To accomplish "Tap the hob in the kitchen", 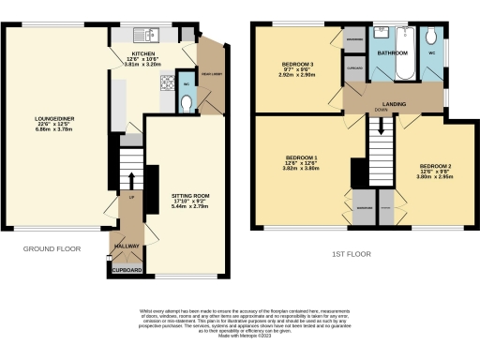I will click(x=169, y=82).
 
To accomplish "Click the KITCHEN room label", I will click(x=143, y=53).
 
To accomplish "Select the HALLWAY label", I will click(x=126, y=246).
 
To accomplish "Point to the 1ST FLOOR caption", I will click(x=352, y=253).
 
